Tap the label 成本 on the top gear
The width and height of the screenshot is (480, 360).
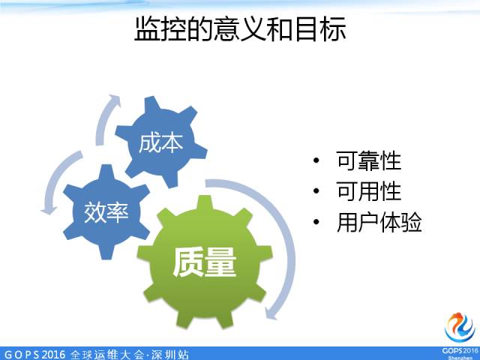click(160, 143)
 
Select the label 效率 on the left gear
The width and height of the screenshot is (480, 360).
click(106, 212)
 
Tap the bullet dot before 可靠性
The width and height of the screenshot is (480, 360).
click(317, 161)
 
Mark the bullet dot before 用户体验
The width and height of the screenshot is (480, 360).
click(317, 223)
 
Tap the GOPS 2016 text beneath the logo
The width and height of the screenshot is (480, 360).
click(459, 350)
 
